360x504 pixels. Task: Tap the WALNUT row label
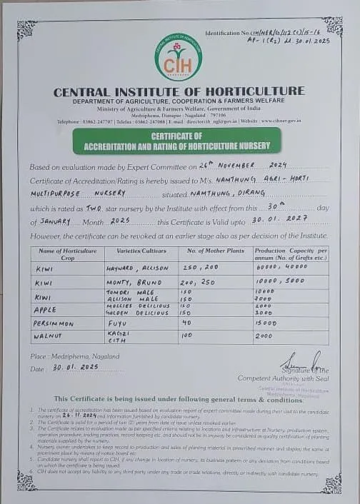point(50,334)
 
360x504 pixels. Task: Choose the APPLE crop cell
point(46,310)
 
